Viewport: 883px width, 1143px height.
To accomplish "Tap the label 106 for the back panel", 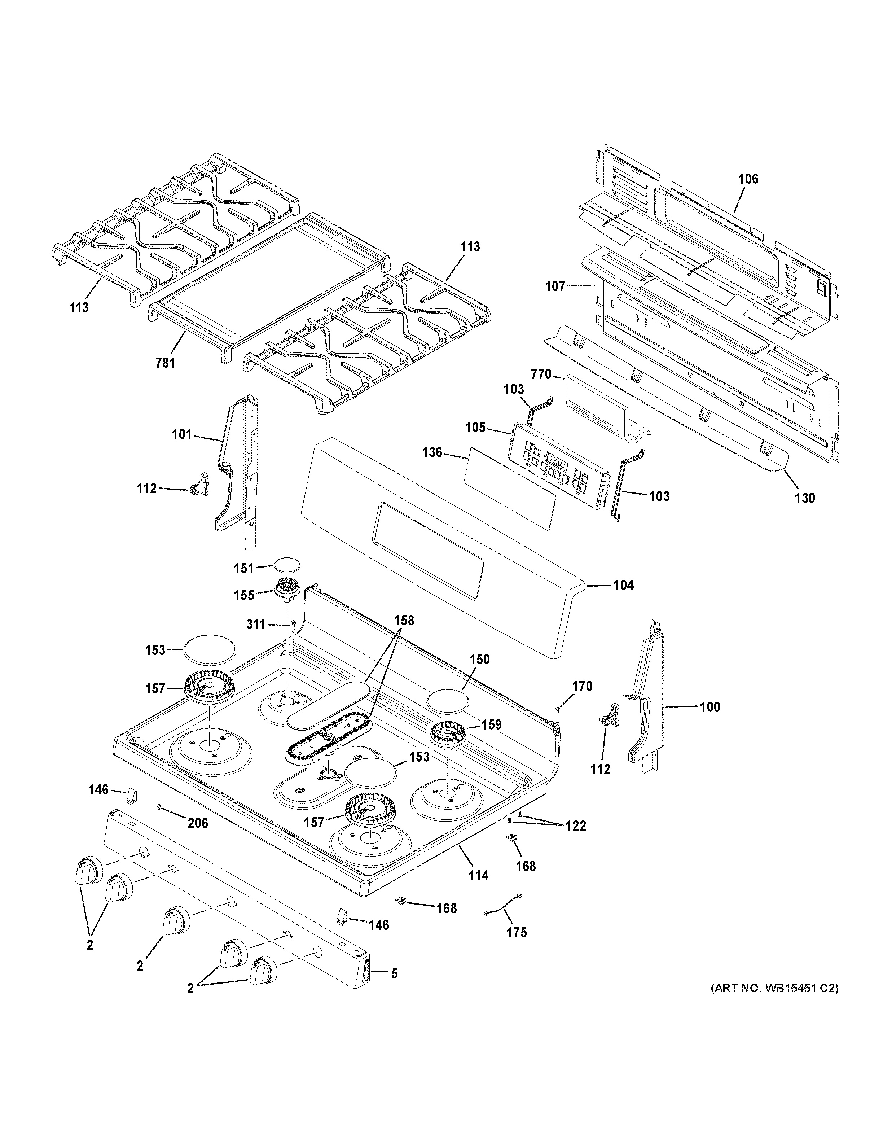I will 747,179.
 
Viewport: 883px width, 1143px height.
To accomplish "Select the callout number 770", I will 541,374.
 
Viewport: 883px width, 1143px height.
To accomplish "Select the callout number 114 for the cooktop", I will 478,875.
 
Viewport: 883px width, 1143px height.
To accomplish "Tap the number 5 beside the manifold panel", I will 394,973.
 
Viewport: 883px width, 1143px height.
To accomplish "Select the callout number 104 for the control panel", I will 623,585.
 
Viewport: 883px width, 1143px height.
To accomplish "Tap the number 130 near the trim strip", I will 804,498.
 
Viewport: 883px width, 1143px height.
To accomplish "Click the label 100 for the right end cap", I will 710,707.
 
